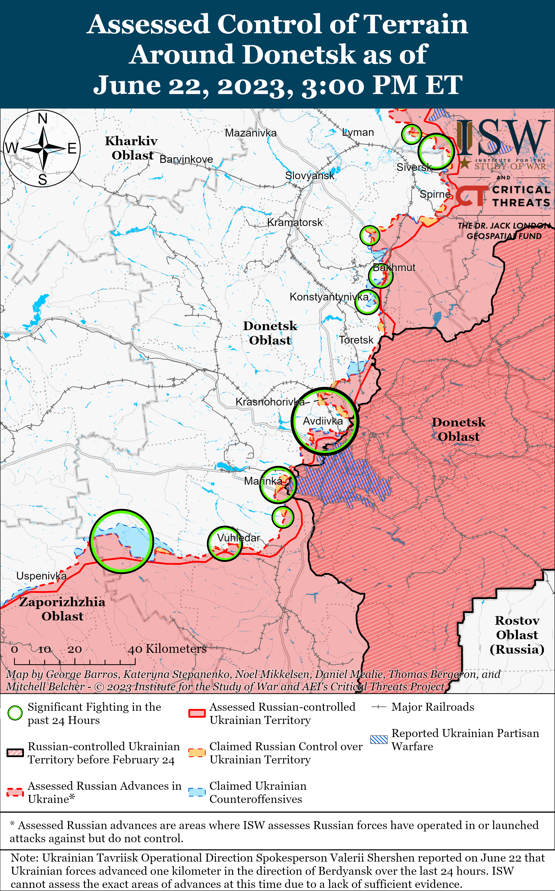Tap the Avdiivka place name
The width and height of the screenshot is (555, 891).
pyautogui.click(x=323, y=421)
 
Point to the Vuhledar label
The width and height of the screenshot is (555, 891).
pyautogui.click(x=238, y=538)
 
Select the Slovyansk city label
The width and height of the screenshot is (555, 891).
pyautogui.click(x=310, y=175)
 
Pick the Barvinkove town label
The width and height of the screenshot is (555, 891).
pyautogui.click(x=186, y=159)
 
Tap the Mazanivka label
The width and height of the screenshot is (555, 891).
pyautogui.click(x=251, y=133)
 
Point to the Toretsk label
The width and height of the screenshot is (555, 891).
pyautogui.click(x=356, y=340)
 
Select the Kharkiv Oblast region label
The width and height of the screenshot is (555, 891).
pyautogui.click(x=132, y=148)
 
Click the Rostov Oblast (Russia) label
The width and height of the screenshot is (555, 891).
pyautogui.click(x=517, y=635)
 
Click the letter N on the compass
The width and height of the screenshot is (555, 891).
pyautogui.click(x=43, y=119)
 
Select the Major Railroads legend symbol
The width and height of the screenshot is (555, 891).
pyautogui.click(x=379, y=707)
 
